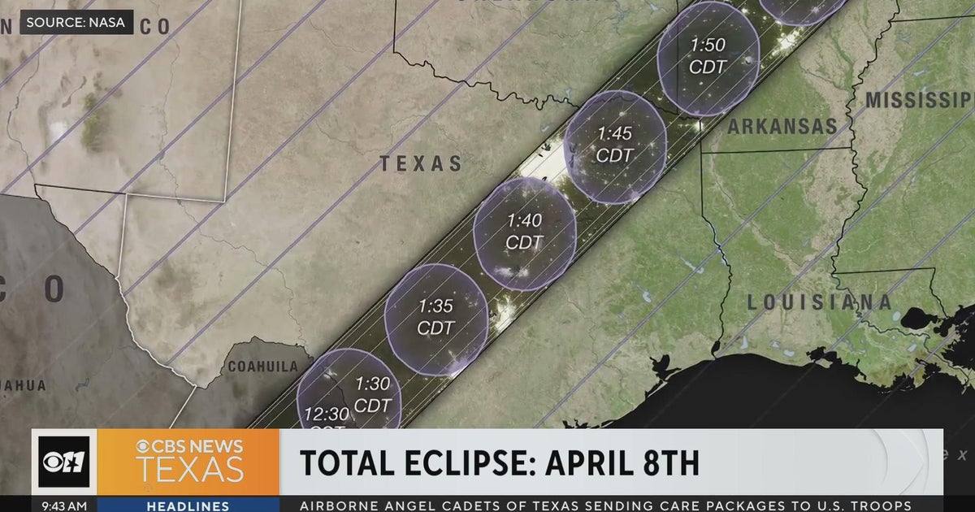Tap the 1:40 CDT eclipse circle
524,232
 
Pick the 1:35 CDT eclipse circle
436,318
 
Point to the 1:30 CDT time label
373,394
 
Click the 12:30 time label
327,414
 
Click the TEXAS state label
421,163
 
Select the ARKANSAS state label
782,127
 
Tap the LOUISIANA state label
819,302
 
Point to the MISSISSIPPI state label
918,101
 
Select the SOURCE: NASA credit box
76,22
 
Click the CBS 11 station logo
64,462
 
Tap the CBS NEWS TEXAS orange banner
188,462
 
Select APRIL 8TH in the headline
622,462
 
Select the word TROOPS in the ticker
890,505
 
